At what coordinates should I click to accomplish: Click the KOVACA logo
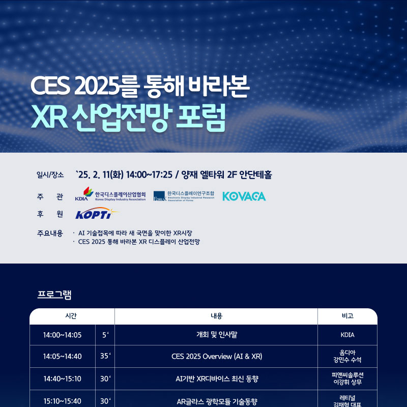(244, 196)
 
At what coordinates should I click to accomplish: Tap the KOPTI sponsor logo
(97, 213)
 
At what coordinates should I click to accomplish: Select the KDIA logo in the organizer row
(110, 194)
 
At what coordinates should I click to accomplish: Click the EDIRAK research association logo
(184, 196)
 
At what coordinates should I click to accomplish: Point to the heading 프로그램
(54, 295)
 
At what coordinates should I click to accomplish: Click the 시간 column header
(71, 316)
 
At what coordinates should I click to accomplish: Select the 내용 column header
(217, 316)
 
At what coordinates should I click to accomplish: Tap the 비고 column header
(347, 316)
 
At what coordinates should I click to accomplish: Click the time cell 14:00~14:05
(62, 335)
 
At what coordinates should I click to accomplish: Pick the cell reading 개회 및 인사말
(217, 335)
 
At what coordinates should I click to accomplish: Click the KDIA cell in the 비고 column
(347, 335)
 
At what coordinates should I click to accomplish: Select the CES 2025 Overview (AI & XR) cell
(217, 357)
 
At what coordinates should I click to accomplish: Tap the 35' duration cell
(105, 356)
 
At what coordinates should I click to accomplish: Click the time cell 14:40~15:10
(62, 379)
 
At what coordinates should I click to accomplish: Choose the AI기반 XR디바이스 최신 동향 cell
(217, 379)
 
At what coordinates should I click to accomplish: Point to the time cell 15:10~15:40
(62, 401)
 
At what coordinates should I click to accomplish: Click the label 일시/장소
(50, 175)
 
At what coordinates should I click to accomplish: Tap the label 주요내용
(50, 233)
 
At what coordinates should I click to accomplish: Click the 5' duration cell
(105, 335)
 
